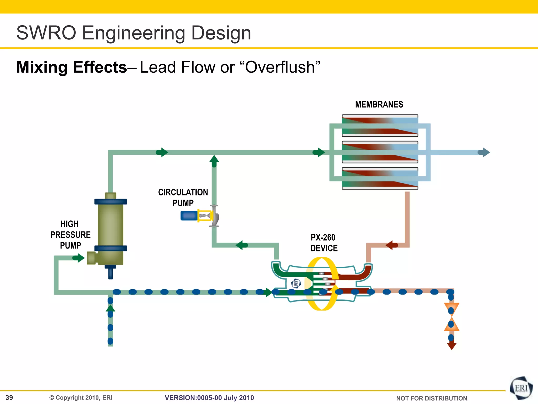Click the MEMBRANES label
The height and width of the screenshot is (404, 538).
(x=379, y=104)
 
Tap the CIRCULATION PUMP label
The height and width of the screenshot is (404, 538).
(x=183, y=198)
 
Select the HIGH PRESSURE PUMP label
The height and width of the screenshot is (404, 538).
(x=70, y=235)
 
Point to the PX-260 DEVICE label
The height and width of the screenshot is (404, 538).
(x=323, y=243)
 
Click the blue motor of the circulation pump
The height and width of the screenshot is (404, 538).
(x=189, y=216)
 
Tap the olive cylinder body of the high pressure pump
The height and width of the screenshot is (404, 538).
(x=110, y=224)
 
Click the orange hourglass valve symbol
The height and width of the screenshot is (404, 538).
(x=451, y=317)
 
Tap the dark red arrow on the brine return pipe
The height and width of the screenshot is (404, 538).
(x=391, y=245)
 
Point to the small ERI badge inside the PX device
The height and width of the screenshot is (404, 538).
(x=296, y=283)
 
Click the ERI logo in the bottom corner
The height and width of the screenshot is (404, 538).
(x=521, y=388)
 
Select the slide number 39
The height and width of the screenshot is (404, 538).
(x=9, y=397)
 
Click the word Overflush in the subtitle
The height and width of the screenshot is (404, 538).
(x=282, y=67)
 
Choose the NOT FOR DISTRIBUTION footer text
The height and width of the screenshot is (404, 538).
(x=431, y=398)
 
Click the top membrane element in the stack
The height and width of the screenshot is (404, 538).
(x=380, y=125)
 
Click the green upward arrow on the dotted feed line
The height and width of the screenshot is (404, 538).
(x=110, y=308)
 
